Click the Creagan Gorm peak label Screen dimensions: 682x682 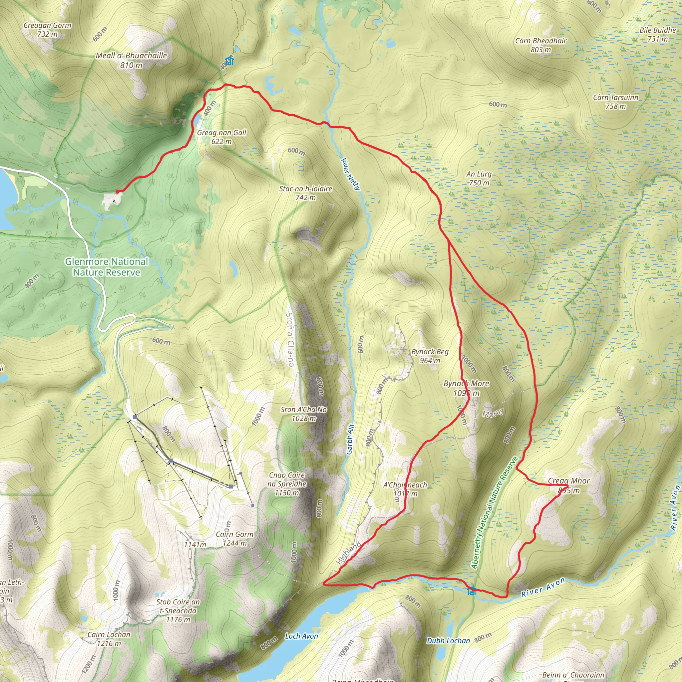47,30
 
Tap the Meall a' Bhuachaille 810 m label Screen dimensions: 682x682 131,60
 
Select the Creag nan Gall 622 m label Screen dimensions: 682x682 222,137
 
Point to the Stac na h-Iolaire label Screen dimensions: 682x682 306,193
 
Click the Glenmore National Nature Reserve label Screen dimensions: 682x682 106,267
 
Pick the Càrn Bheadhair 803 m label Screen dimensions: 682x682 541,45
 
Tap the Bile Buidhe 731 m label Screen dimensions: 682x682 658,34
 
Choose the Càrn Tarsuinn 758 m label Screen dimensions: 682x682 616,102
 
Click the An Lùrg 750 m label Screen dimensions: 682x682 479,178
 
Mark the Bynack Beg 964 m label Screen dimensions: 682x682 430,356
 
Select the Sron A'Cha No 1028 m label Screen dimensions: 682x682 304,414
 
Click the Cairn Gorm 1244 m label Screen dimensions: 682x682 235,539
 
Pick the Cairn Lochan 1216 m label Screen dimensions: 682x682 109,639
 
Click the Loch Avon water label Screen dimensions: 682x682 301,636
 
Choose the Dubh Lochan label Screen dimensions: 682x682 448,641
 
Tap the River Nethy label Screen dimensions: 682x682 350,174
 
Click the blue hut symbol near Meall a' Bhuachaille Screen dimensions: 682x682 229,61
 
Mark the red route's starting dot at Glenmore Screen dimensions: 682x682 117,192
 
